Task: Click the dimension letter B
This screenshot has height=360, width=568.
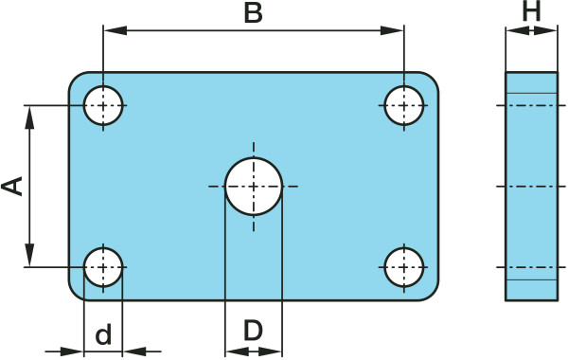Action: (x=253, y=13)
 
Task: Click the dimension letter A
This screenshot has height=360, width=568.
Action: (x=12, y=186)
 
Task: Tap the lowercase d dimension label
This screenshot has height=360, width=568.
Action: (x=104, y=333)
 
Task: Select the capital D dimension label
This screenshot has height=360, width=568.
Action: (x=253, y=331)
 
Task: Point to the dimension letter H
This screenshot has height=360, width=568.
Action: (x=531, y=11)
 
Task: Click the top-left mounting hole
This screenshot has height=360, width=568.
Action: (x=104, y=105)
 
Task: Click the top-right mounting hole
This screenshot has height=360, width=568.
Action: (x=404, y=105)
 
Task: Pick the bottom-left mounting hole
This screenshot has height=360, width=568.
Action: (x=104, y=267)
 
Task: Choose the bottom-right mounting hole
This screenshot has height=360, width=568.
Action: (x=404, y=267)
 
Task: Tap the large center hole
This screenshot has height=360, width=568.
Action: (x=253, y=186)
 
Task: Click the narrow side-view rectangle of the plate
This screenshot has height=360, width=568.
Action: (x=531, y=186)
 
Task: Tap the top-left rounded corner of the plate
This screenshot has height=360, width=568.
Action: (x=77, y=81)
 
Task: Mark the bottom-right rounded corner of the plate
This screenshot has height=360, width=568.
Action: (x=431, y=292)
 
